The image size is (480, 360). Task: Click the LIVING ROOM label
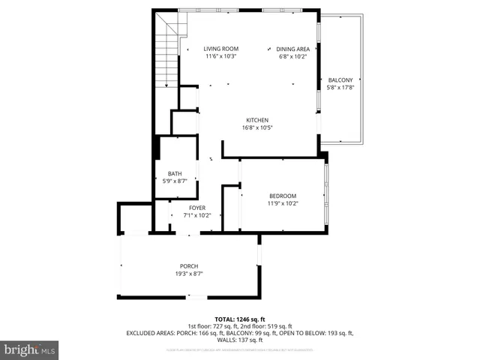pos(221,49)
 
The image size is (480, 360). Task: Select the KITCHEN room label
pos(257,120)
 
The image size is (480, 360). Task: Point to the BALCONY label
pos(340,80)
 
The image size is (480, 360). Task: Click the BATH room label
pos(175,173)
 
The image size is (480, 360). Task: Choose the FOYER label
pos(197,208)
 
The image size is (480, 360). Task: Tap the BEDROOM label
pos(283,196)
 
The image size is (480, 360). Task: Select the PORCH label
pos(188,267)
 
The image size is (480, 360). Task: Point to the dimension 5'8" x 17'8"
pos(340,88)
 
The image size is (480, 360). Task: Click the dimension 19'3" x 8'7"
pos(188,274)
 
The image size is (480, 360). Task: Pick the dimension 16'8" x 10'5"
pos(257,127)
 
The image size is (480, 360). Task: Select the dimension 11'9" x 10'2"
pos(283,202)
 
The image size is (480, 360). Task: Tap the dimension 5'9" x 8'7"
pos(175,181)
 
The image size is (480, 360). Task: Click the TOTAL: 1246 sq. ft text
pos(239,318)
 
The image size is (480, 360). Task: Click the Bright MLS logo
pos(29,349)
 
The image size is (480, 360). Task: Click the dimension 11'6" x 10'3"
pos(221,56)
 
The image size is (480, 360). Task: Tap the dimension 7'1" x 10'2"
pos(197,215)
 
